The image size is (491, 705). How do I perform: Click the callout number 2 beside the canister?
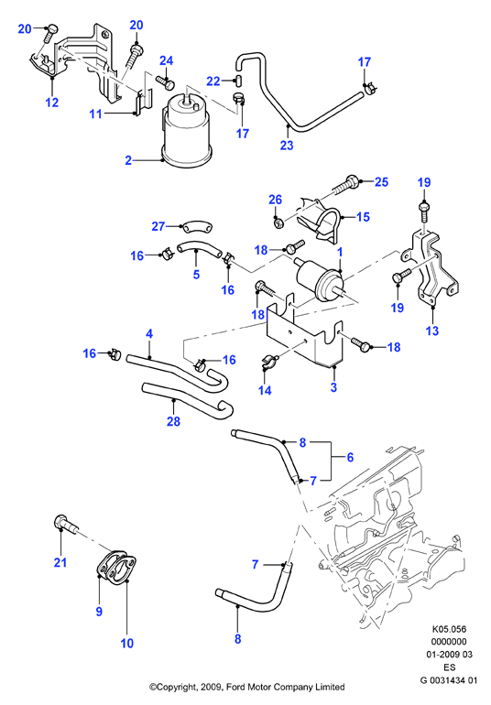(128, 160)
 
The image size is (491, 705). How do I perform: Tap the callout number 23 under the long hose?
(287, 145)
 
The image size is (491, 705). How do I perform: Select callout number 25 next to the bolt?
(381, 181)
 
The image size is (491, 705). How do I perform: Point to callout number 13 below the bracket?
(432, 331)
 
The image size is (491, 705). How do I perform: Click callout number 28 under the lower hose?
(173, 421)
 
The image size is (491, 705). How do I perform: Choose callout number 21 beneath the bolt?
(60, 562)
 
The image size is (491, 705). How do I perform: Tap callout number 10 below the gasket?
(127, 643)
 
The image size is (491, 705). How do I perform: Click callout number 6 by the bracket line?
(350, 457)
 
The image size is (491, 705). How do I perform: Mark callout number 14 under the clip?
(265, 390)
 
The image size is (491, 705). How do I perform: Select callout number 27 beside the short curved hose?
(158, 226)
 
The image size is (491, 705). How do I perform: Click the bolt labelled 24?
(165, 82)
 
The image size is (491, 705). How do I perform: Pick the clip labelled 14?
(268, 362)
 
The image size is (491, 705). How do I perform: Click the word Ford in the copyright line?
(236, 687)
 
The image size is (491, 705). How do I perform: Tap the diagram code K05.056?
(449, 629)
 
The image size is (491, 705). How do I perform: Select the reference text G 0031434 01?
(449, 680)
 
